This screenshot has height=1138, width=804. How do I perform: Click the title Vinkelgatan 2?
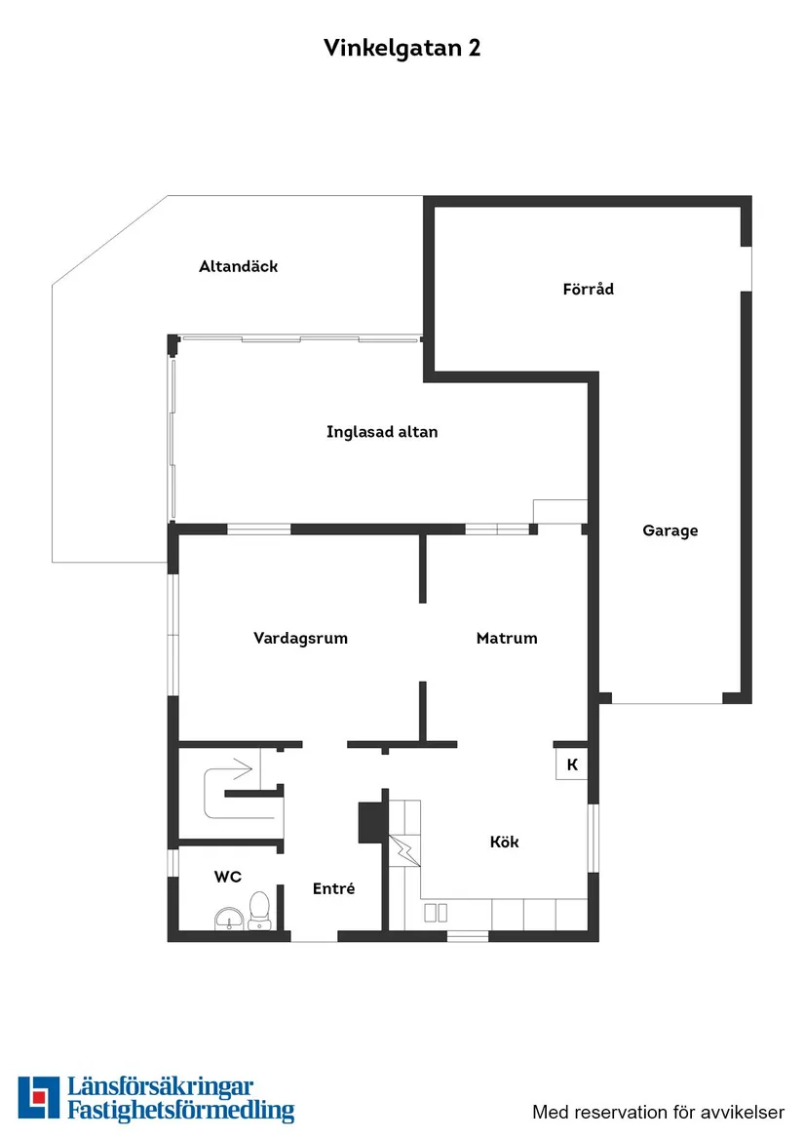(x=402, y=49)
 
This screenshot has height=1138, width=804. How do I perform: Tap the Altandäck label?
(x=238, y=266)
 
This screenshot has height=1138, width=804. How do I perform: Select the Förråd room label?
(x=588, y=289)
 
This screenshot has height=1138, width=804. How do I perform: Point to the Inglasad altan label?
(x=382, y=431)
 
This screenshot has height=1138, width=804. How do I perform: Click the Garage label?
(x=670, y=530)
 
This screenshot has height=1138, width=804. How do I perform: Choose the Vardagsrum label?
(x=300, y=638)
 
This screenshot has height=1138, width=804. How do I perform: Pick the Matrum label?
(x=507, y=638)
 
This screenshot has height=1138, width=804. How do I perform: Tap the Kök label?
(x=504, y=842)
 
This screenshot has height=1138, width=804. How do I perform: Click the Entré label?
(x=333, y=888)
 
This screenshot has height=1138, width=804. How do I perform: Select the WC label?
(x=227, y=877)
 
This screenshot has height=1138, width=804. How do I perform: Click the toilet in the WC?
(x=259, y=909)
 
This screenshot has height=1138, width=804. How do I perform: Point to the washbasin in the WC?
(x=229, y=918)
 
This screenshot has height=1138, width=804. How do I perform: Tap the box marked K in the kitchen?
(x=572, y=765)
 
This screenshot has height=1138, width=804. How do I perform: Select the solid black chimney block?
(x=371, y=821)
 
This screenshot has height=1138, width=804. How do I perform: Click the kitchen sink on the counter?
(x=436, y=912)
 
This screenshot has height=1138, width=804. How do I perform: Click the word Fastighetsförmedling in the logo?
(x=180, y=1110)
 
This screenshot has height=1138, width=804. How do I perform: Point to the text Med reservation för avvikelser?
(x=658, y=1112)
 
